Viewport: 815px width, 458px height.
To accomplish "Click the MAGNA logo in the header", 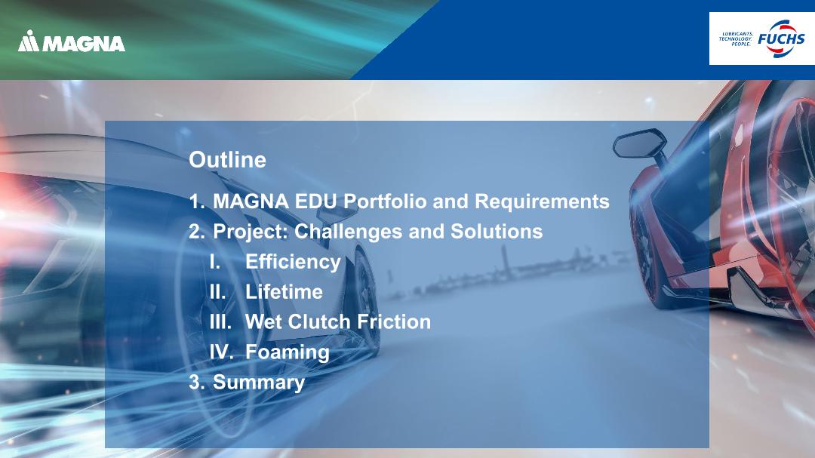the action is click(71, 41).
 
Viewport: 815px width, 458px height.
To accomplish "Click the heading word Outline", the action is click(227, 160).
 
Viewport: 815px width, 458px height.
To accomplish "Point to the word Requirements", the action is click(542, 201).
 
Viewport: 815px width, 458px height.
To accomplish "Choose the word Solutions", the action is click(497, 232).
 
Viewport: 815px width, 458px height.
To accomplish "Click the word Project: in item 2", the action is click(251, 232).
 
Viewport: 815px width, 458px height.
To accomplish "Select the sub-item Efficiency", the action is click(293, 262).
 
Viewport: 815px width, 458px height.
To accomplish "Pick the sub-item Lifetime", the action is click(284, 292).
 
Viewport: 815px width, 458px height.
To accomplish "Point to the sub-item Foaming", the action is click(288, 352).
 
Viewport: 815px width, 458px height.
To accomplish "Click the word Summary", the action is click(259, 382).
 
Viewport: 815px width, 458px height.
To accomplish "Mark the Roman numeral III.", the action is click(220, 321).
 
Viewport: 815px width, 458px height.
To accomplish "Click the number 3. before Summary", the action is click(196, 382).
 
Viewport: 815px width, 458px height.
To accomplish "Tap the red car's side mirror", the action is click(640, 143).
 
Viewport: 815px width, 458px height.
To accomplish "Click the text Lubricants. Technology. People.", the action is click(736, 39).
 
